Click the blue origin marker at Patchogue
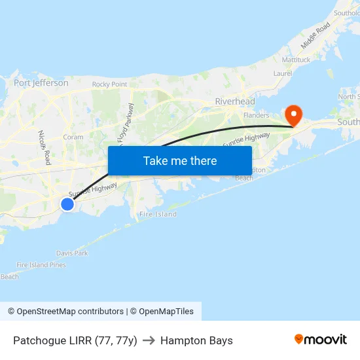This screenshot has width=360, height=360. (67, 204)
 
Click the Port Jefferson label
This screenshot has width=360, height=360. (41, 83)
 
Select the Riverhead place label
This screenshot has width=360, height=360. (235, 101)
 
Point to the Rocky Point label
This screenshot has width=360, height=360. (109, 84)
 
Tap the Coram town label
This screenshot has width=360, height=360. (73, 137)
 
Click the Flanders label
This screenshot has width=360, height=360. (256, 115)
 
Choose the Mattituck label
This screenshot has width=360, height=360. (296, 60)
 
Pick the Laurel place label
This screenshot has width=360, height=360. (282, 74)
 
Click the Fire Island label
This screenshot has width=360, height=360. (158, 214)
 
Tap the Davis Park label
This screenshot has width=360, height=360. (72, 253)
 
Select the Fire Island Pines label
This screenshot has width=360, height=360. (41, 265)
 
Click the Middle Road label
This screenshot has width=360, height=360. (315, 35)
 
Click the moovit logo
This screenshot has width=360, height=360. (320, 340)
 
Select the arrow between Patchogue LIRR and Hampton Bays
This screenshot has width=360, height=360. (149, 340)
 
